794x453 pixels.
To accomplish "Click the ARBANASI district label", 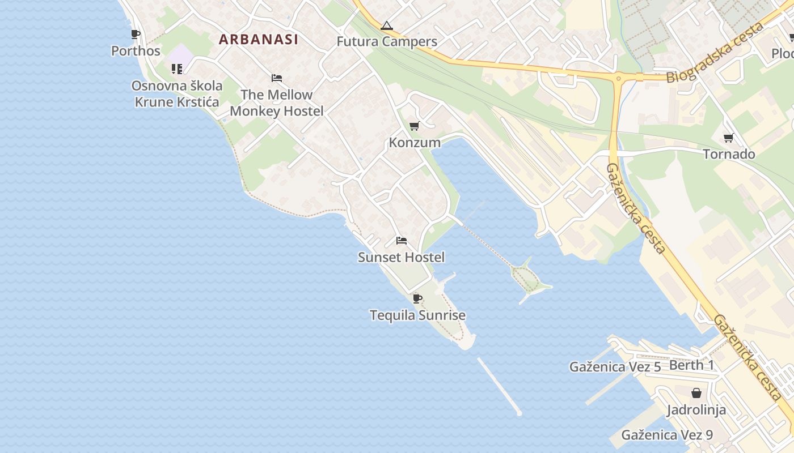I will tap(259, 39).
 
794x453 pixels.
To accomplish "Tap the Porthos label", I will tap(136, 51).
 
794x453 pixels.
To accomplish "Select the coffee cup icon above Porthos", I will tap(136, 35).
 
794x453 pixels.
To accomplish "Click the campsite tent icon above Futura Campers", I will tap(387, 25).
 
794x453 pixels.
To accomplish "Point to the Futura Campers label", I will tap(387, 41).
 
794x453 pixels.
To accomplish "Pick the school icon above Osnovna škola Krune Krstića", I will tap(177, 69).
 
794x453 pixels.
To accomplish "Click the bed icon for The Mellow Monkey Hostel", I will tap(277, 78).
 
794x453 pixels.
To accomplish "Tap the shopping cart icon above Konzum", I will tap(415, 126).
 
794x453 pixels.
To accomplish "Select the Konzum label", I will tap(415, 142).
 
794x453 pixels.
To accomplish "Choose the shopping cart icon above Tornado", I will tap(729, 138).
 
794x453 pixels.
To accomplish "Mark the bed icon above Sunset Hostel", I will tap(402, 241).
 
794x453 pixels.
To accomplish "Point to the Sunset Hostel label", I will tap(402, 257).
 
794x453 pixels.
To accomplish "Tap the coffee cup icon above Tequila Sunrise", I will tap(417, 298).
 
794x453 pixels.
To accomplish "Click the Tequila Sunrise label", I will tap(417, 315).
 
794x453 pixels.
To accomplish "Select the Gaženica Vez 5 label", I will tap(615, 367).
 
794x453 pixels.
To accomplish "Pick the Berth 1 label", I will tap(691, 365).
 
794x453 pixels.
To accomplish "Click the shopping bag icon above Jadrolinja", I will tap(696, 393).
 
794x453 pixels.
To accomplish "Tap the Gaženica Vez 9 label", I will tap(667, 435).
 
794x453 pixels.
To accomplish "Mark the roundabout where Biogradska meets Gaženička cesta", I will tap(618, 78).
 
